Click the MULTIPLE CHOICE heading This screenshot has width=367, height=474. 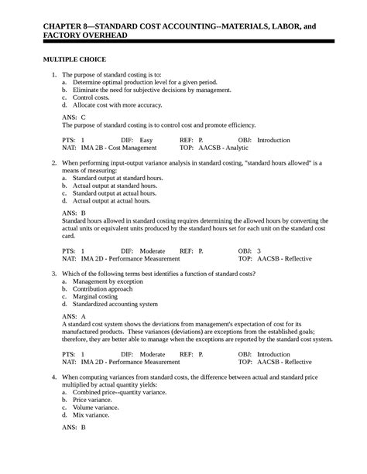[x=74, y=60]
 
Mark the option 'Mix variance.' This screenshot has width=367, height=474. [x=92, y=415]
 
